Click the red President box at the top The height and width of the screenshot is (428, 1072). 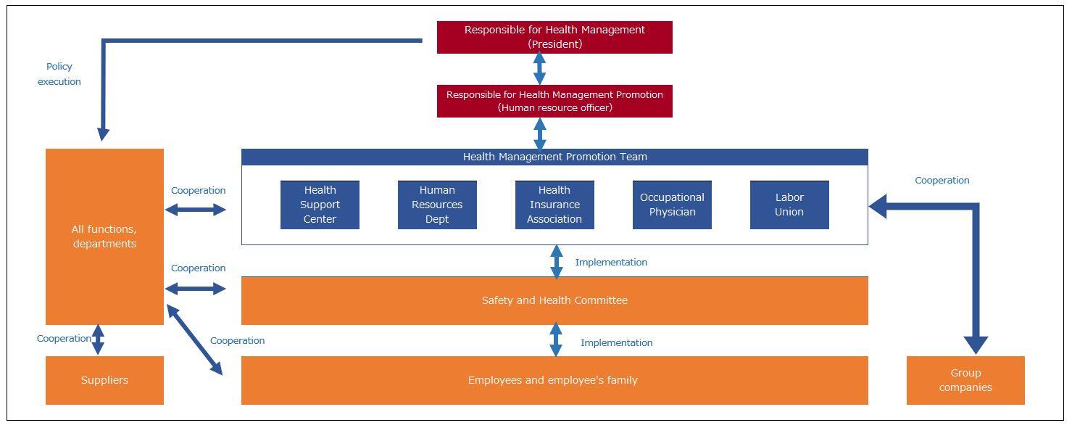[554, 37]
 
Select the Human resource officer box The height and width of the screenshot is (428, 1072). [554, 101]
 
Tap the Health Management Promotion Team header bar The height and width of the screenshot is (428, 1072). [554, 157]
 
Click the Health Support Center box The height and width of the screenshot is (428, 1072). [320, 205]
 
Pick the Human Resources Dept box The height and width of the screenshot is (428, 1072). [437, 205]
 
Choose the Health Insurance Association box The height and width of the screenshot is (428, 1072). [554, 205]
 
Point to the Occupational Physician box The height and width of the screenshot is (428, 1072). [672, 205]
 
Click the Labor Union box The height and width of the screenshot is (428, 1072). [789, 205]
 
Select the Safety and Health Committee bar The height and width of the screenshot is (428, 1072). [554, 300]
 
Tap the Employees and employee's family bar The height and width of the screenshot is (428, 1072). [554, 380]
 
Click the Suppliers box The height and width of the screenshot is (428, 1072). [104, 380]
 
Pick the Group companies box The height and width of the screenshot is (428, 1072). [965, 380]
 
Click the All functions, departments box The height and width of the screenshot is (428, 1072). [104, 236]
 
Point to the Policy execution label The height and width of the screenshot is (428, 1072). [59, 74]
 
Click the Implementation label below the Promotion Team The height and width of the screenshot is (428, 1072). [611, 263]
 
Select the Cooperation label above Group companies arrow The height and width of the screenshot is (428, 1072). [942, 181]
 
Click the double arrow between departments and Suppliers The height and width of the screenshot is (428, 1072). [98, 339]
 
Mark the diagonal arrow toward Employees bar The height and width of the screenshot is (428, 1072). [194, 339]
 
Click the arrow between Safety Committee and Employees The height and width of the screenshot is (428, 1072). [556, 339]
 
